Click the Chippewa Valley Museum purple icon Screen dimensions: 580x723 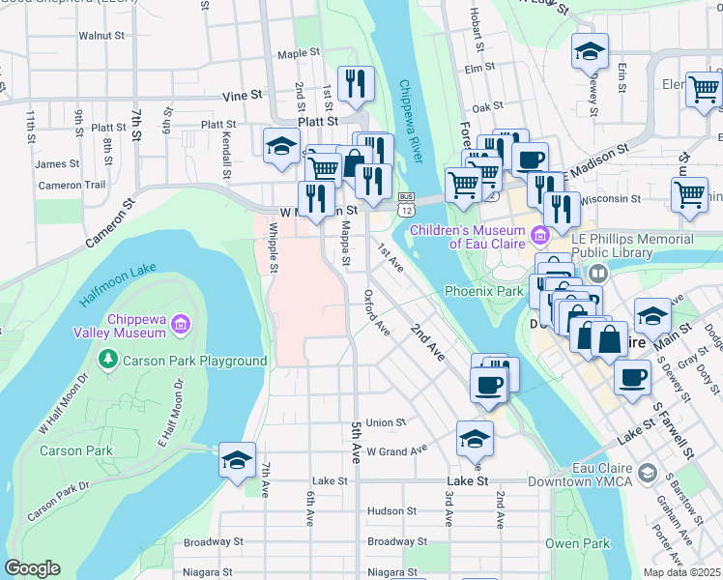(180, 325)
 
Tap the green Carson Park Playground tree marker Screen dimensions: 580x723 (107, 361)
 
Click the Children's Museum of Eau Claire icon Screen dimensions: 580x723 (539, 233)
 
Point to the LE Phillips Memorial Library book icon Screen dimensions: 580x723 (597, 275)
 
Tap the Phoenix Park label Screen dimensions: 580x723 (483, 291)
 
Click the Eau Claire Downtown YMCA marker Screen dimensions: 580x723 (647, 474)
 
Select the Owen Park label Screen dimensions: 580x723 (577, 543)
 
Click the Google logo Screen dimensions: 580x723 (32, 568)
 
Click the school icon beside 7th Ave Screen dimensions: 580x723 (236, 461)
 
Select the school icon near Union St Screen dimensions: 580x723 (474, 440)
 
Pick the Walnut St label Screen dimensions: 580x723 (101, 36)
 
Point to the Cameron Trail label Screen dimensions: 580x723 (72, 186)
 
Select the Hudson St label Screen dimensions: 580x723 (391, 510)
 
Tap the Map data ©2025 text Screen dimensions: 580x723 (681, 572)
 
